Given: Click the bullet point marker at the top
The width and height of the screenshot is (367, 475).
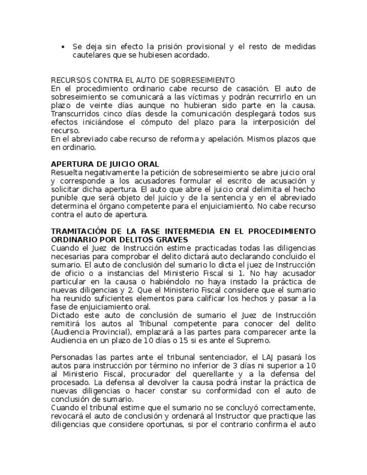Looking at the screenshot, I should click(x=63, y=46).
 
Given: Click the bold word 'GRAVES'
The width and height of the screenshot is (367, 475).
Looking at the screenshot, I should click(x=171, y=240).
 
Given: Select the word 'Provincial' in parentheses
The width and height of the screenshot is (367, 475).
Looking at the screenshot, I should click(x=105, y=332).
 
